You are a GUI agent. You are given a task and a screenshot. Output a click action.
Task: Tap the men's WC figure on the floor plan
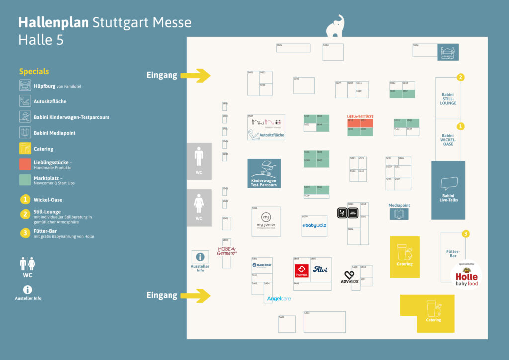tap(199, 156)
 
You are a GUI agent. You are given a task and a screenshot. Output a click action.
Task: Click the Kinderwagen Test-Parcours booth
tap(264, 173)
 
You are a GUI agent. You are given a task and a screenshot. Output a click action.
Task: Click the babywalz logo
tap(314, 226)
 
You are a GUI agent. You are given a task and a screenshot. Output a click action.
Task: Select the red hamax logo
tap(302, 270)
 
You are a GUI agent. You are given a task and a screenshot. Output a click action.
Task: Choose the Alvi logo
tap(320, 270)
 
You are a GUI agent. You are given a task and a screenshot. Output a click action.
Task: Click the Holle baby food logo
tap(466, 276)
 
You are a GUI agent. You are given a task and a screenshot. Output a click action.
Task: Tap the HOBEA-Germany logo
tap(227, 250)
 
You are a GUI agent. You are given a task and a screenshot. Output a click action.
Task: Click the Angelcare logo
tap(278, 299)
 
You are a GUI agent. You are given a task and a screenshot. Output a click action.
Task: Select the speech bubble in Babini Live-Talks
tap(448, 183)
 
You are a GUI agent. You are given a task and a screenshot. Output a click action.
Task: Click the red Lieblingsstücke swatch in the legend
tap(25, 164)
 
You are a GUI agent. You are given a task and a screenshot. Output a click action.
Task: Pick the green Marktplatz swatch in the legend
tap(25, 180)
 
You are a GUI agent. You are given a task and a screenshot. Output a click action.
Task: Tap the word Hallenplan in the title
tap(54, 23)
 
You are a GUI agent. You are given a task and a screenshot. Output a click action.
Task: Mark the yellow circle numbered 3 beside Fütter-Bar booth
tap(466, 234)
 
